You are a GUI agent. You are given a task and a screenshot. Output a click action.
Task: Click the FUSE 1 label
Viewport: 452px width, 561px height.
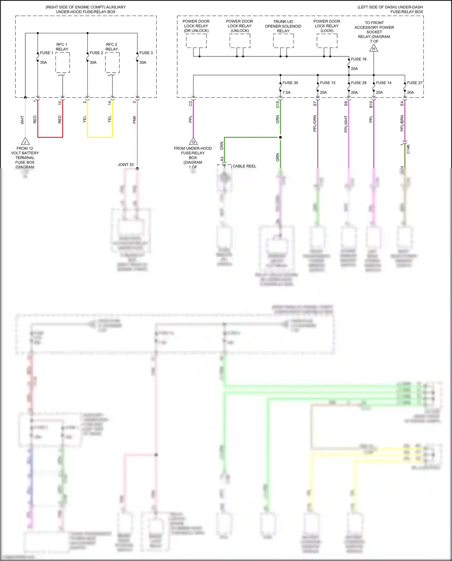tap(46, 53)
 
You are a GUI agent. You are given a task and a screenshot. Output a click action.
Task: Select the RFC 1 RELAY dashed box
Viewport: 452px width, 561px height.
tap(62, 63)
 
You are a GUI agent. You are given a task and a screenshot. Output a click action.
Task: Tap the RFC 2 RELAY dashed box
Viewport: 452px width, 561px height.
tap(112, 63)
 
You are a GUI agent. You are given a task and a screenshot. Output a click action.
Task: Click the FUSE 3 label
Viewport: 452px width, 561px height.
tap(146, 53)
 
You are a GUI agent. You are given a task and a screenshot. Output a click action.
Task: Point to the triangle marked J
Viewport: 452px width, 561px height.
tap(25, 141)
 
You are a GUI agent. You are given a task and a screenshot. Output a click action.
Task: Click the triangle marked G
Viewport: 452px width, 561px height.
tap(193, 141)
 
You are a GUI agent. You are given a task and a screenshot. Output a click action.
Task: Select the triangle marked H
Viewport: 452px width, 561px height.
tap(374, 48)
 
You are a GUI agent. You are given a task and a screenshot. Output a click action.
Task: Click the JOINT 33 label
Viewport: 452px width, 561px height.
tap(125, 165)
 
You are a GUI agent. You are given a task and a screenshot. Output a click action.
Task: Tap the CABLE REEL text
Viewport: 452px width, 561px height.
tap(244, 166)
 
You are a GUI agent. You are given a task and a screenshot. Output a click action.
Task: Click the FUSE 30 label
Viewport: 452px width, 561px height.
tap(290, 83)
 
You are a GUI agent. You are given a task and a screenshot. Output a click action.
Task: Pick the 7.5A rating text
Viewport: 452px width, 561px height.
tap(286, 93)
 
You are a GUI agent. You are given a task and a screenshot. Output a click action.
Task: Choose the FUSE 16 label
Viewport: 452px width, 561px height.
tap(359, 59)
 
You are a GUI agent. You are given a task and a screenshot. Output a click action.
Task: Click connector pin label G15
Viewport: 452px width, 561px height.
tap(278, 104)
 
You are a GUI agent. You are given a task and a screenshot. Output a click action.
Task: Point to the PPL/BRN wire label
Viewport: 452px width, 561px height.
tap(402, 123)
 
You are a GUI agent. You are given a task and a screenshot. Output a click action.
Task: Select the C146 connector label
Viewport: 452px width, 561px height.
tap(408, 149)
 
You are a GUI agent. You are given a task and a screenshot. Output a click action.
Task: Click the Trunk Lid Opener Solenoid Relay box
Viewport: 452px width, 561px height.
tap(283, 41)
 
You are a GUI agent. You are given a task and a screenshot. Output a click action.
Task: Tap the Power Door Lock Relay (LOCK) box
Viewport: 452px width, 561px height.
tap(327, 41)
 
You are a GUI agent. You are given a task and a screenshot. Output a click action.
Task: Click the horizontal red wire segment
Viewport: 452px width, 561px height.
tap(50, 137)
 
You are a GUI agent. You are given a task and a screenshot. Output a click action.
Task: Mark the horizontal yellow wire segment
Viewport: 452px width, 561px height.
tap(100, 137)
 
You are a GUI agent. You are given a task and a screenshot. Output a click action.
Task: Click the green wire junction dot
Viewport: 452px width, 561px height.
tap(280, 137)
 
